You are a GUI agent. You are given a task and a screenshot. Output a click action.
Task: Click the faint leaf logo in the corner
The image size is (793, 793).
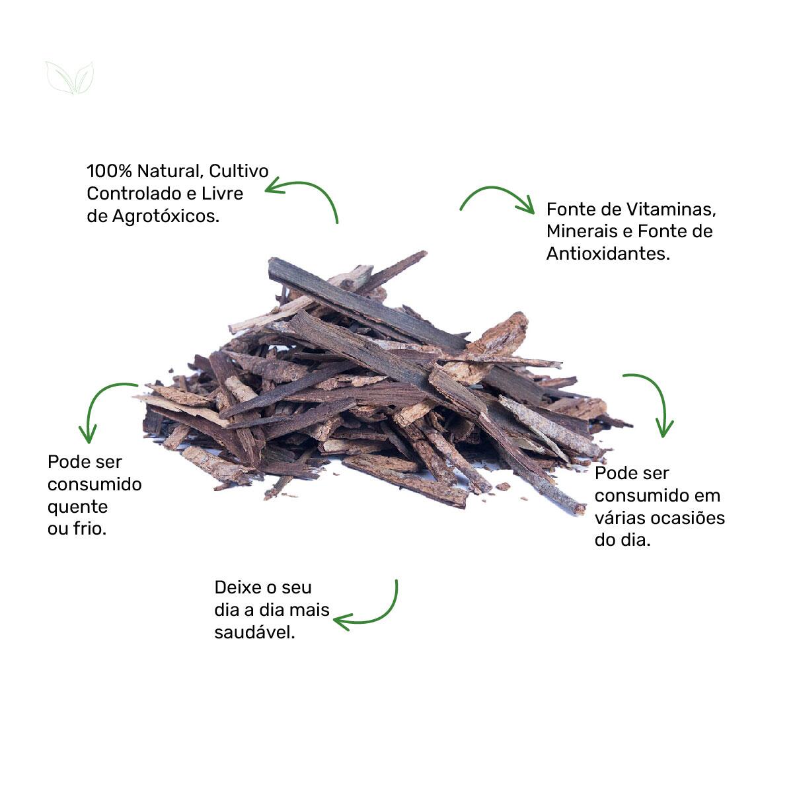[70, 78]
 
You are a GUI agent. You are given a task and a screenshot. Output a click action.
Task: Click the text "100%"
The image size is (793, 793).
[109, 171]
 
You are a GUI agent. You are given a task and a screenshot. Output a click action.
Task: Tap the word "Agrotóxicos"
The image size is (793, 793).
[165, 217]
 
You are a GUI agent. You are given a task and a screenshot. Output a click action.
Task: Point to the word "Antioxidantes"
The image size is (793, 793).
[607, 254]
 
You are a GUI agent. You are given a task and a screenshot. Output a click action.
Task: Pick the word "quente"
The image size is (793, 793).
[77, 508]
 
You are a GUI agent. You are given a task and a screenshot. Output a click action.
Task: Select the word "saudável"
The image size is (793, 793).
[254, 633]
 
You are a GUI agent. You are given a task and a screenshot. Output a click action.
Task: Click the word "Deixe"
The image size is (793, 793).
[236, 587]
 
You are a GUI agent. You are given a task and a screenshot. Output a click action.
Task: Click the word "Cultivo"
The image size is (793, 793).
[239, 171]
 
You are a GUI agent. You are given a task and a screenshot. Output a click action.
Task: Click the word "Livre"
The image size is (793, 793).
[222, 194]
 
